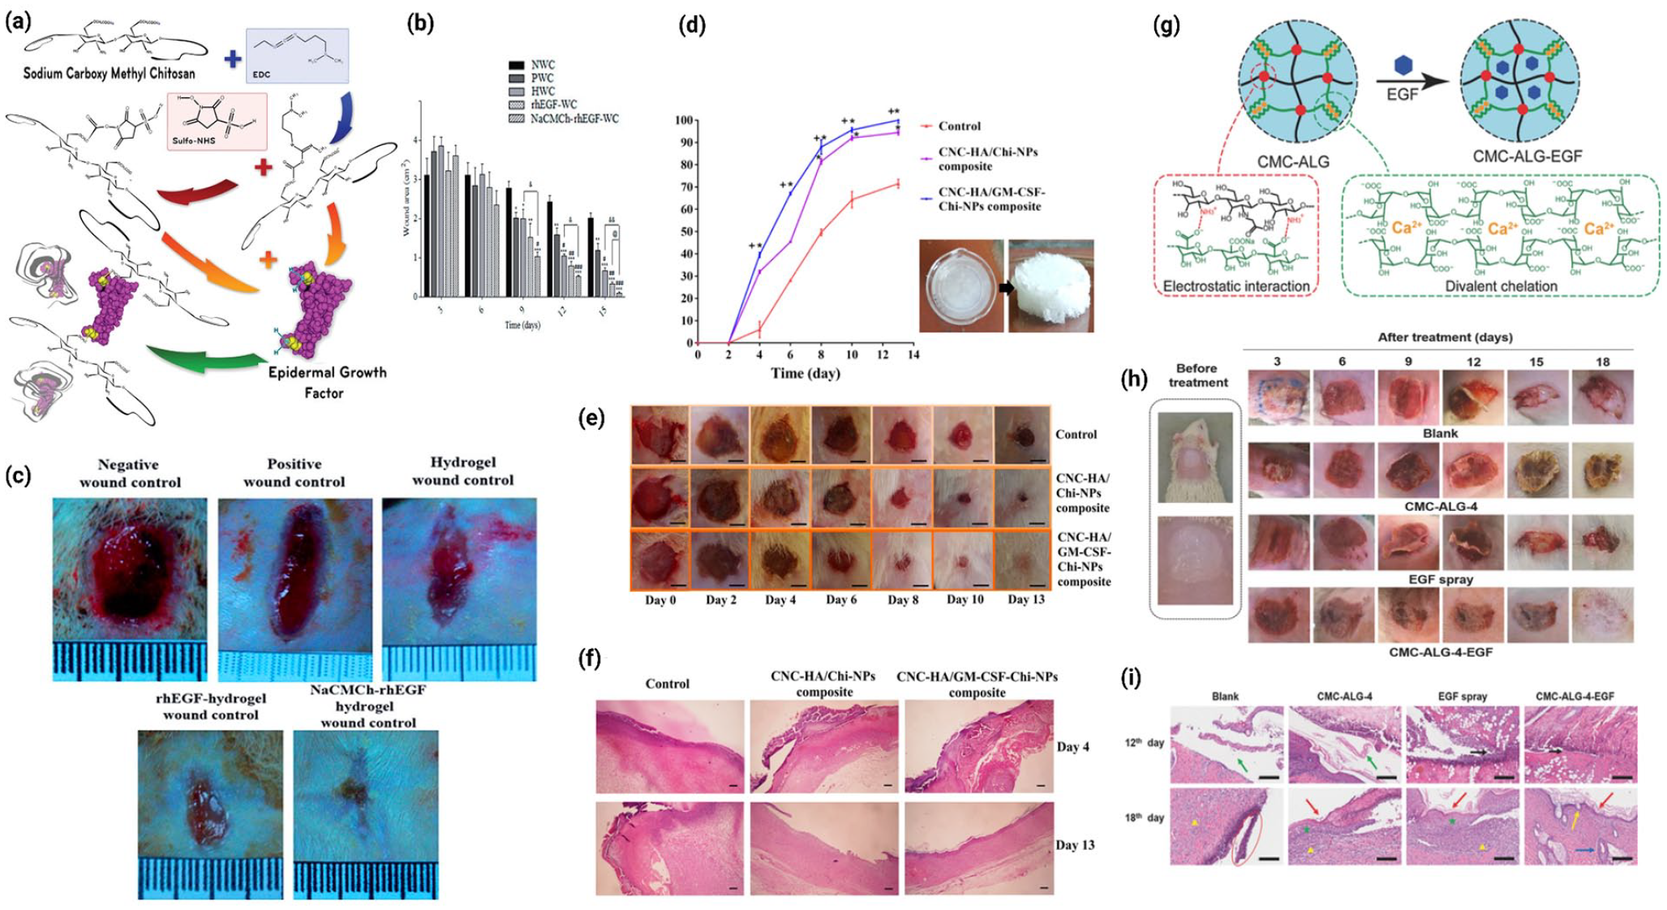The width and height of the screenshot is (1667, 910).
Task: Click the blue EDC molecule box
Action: point(297,55)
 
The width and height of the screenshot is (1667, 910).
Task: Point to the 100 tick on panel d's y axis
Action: point(684,121)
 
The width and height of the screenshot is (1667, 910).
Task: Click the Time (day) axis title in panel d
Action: point(805,373)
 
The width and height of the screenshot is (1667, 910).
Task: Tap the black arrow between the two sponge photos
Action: point(1006,287)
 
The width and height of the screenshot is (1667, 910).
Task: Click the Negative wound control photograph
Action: point(130,569)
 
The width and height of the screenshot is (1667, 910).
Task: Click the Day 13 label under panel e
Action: point(1025,600)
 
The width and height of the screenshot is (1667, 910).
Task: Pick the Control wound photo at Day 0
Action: point(659,435)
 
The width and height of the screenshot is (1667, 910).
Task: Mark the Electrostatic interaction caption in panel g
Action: point(1235,286)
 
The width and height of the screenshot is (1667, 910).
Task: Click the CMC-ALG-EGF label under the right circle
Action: point(1526,156)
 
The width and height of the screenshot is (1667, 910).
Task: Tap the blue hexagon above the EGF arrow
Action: point(1402,65)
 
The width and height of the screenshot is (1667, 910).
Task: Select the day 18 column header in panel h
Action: point(1602,362)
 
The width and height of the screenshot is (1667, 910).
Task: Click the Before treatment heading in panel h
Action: point(1197,376)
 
